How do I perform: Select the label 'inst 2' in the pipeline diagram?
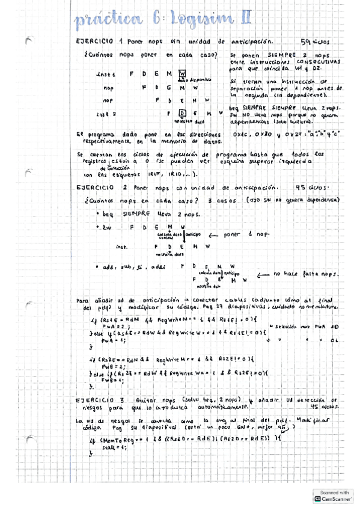(x=106, y=113)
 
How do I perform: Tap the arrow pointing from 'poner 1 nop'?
(x=210, y=235)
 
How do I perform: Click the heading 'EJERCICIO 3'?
(x=97, y=400)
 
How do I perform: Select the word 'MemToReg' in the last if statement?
(x=118, y=440)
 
